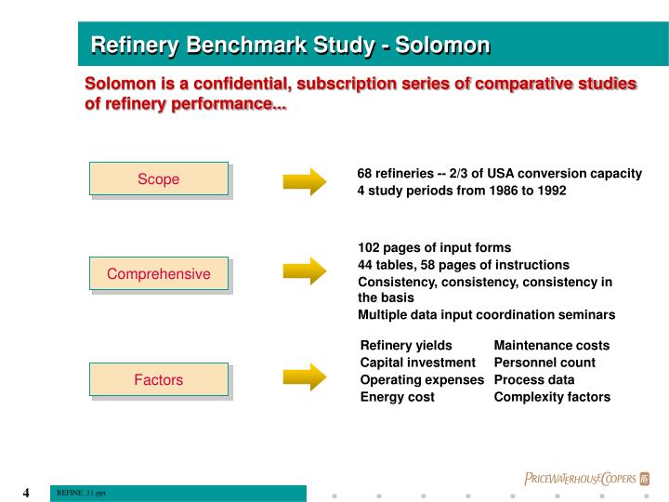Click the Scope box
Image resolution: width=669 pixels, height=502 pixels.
pyautogui.click(x=159, y=179)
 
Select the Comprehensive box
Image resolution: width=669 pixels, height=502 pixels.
pyautogui.click(x=159, y=273)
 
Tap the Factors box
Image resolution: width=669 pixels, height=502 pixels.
pyautogui.click(x=159, y=379)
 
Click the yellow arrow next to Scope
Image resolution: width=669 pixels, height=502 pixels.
pyautogui.click(x=305, y=179)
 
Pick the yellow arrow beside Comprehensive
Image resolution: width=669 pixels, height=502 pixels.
pyautogui.click(x=305, y=271)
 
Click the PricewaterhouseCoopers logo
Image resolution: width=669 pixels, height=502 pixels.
pyautogui.click(x=586, y=479)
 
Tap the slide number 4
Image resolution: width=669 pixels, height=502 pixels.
pyautogui.click(x=27, y=493)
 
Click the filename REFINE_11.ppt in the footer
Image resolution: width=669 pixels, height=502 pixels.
pyautogui.click(x=82, y=493)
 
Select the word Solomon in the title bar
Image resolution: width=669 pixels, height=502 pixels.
pyautogui.click(x=442, y=45)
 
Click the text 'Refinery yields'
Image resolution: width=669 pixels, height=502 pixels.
pyautogui.click(x=406, y=345)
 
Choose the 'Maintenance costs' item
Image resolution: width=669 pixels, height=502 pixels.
pyautogui.click(x=552, y=345)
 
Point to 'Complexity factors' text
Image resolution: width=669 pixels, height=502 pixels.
pyautogui.click(x=552, y=397)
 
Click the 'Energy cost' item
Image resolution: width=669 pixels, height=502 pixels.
pyautogui.click(x=397, y=397)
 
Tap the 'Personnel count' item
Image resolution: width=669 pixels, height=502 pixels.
pyautogui.click(x=544, y=363)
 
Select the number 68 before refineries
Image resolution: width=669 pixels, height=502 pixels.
pyautogui.click(x=365, y=173)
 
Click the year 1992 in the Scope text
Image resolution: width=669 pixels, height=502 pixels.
pyautogui.click(x=550, y=191)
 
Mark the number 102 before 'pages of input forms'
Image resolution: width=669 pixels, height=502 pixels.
pyautogui.click(x=369, y=247)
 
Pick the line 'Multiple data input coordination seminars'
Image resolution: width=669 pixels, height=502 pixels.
pyautogui.click(x=486, y=315)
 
